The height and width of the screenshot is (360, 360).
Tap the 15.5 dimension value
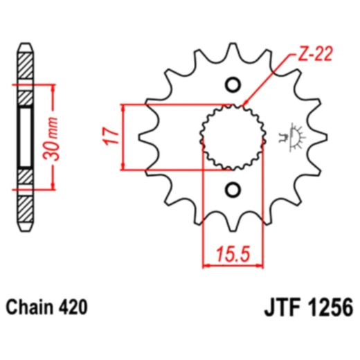pos(234,254)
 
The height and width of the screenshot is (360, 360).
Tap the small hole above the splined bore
pos(233,86)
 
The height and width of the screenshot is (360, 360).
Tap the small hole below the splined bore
pos(233,189)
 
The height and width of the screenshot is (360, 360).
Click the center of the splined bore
pos(233,136)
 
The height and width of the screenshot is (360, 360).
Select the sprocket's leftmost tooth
pos(147,137)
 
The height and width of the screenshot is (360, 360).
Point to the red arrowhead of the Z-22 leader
pos(247,106)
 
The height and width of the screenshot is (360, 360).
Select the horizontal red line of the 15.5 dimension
pos(234,264)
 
